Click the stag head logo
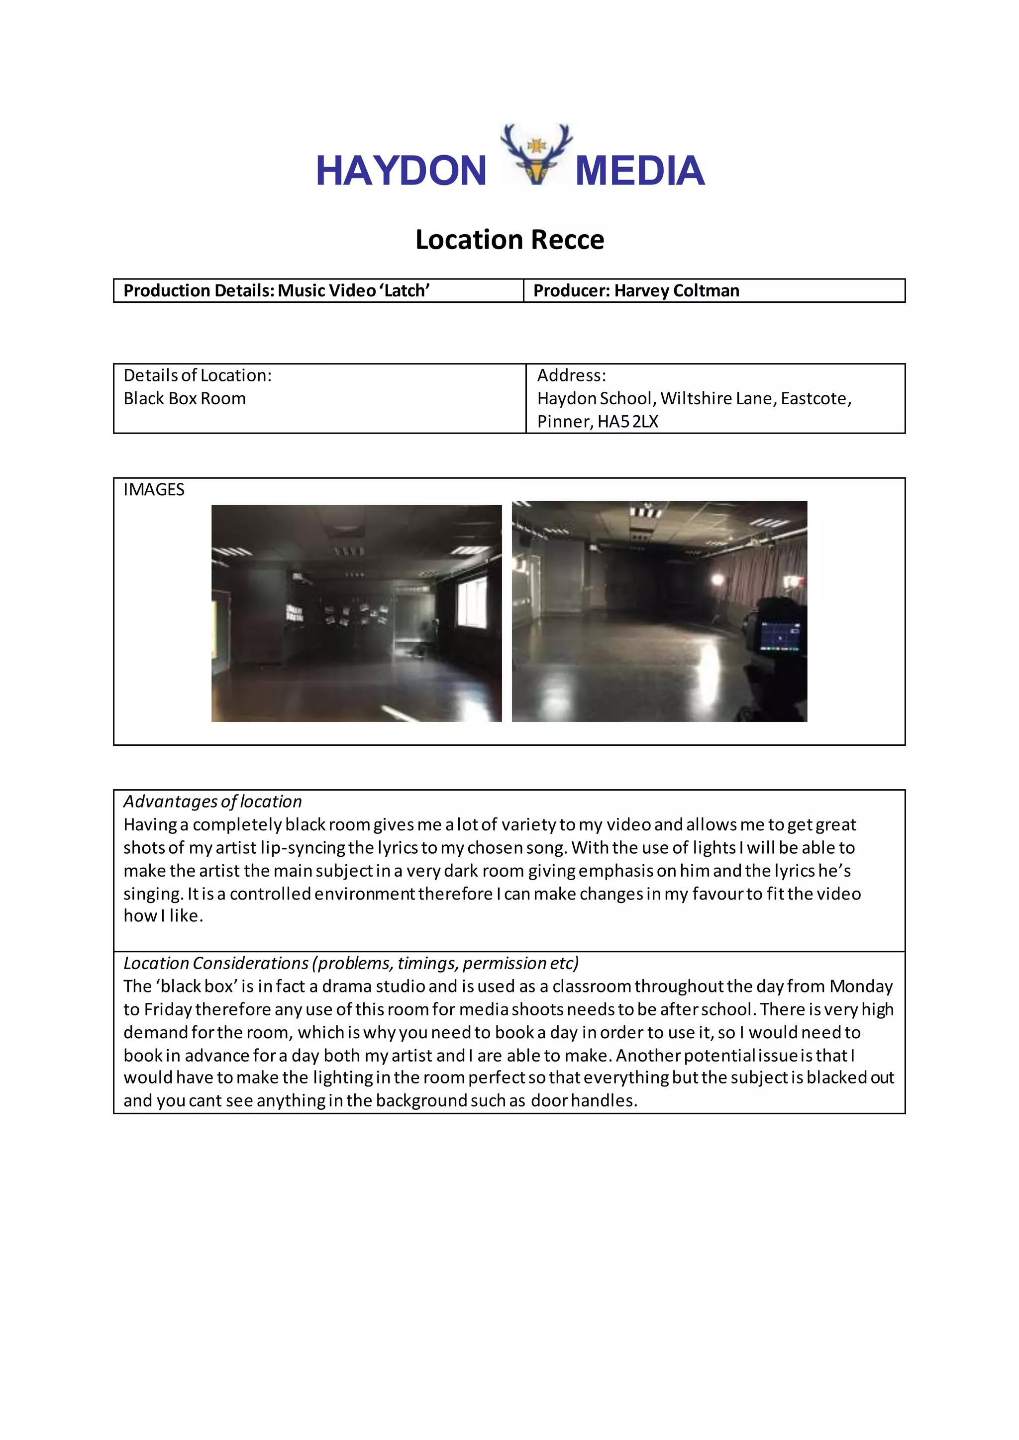tap(536, 155)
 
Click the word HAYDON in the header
tap(401, 171)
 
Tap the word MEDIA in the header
tap(639, 171)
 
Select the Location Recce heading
tap(509, 240)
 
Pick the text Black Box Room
tap(185, 398)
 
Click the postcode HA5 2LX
tap(627, 422)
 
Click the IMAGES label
tap(154, 490)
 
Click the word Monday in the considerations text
tap(861, 987)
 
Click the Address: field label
tap(571, 375)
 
